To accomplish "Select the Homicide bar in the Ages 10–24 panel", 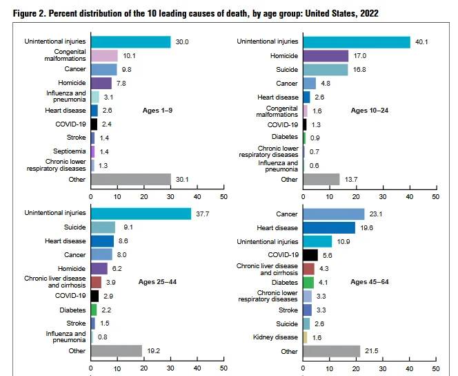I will [326, 56].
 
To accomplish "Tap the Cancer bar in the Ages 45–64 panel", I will [333, 214].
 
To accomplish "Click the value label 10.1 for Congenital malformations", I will [128, 56].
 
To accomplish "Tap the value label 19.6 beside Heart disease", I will [364, 227].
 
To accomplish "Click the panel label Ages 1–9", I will [158, 110].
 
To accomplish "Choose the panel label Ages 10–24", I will [370, 110].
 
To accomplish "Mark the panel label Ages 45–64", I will [370, 282].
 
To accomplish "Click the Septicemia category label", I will [69, 151].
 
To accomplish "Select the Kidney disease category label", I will [277, 337].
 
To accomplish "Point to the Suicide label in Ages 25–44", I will [74, 227].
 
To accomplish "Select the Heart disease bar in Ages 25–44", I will [102, 241].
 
